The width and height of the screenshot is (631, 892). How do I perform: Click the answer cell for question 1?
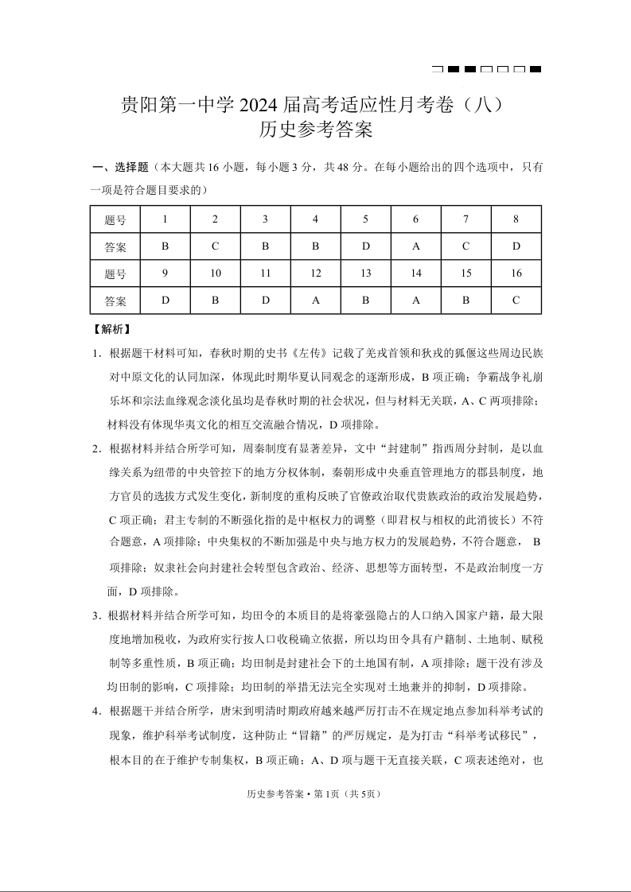click(165, 246)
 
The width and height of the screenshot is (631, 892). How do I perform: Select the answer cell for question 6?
click(415, 246)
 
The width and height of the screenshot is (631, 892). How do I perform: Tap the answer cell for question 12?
click(315, 301)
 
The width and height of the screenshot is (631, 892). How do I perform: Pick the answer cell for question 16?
click(516, 301)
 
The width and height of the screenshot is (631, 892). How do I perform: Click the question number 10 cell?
click(215, 273)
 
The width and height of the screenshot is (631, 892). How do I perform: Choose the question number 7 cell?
click(465, 219)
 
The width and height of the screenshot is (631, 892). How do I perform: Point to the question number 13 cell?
click(365, 273)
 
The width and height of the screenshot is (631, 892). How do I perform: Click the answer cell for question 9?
click(165, 301)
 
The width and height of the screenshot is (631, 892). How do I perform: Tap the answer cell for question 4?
click(315, 246)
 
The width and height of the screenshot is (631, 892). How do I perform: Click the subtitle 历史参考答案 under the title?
click(316, 130)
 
